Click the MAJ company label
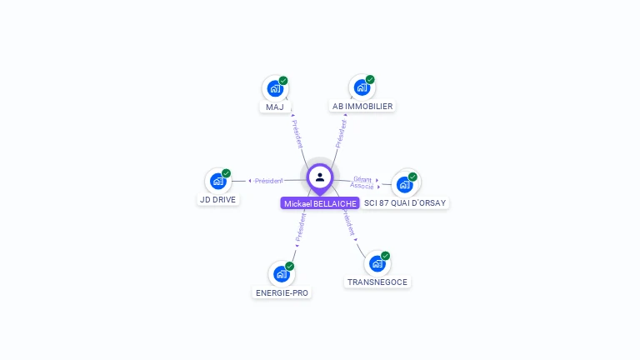[x=275, y=107]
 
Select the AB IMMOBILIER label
[x=362, y=107]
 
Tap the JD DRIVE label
[x=218, y=200]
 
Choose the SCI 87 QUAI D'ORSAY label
[x=405, y=203]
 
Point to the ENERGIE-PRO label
[x=282, y=293]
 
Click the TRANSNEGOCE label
[x=377, y=282]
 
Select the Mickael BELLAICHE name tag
[x=320, y=203]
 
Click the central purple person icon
[x=320, y=177]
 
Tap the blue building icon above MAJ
[x=274, y=87]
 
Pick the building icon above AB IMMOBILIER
[x=362, y=87]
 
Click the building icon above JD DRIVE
[x=217, y=181]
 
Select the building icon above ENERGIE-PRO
[x=281, y=273]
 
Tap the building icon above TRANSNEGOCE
[x=377, y=263]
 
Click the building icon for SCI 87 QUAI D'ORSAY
[x=404, y=184]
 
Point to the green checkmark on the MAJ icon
[x=283, y=81]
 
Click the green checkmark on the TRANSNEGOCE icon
[x=385, y=256]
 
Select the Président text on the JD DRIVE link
[x=269, y=181]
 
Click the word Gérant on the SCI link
[x=362, y=178]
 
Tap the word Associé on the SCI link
[x=362, y=186]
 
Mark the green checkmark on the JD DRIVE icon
[x=226, y=173]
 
